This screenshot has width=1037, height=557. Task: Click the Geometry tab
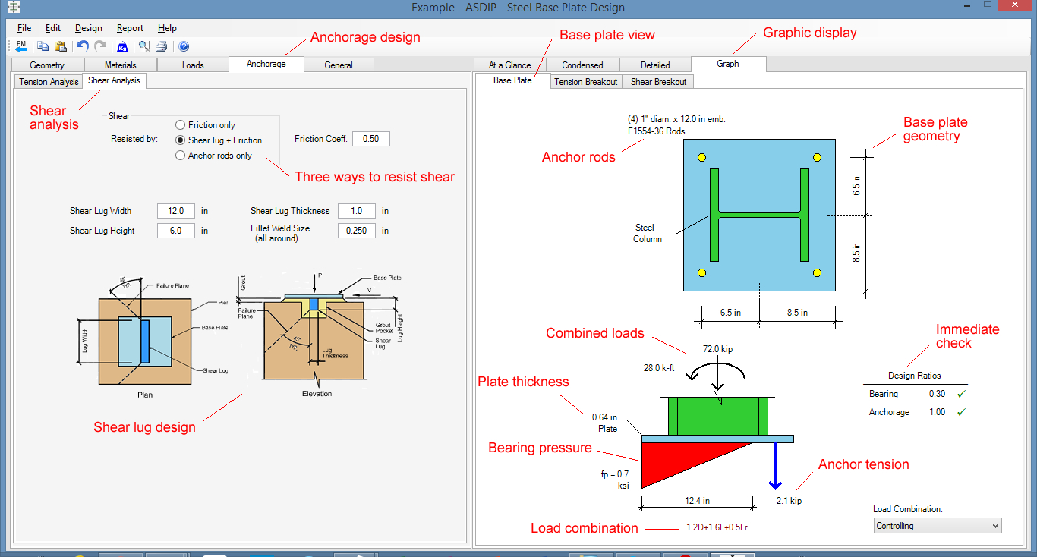point(47,65)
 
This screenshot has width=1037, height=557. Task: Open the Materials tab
point(120,65)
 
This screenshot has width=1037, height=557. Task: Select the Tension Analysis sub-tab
point(49,82)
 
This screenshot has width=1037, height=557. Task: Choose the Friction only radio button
point(180,125)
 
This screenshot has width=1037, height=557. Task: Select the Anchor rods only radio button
point(180,156)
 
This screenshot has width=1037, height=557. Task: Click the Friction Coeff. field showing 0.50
point(370,139)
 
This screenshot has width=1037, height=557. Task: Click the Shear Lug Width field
point(176,211)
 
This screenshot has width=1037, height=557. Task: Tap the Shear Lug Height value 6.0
point(176,231)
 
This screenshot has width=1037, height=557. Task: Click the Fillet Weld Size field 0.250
point(357,231)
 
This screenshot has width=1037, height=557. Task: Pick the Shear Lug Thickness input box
point(357,211)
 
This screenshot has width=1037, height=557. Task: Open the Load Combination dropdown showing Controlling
point(937,526)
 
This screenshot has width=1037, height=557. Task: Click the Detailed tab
point(654,65)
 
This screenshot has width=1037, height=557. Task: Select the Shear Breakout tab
point(658,82)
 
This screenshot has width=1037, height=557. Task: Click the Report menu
point(130,28)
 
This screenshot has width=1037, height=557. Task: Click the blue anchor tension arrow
point(774,467)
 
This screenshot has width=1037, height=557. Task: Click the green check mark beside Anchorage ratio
point(960,412)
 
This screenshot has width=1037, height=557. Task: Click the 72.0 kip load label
point(717,349)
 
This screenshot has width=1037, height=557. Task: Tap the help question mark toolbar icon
point(184,46)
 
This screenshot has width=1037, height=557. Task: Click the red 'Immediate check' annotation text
point(967,336)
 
